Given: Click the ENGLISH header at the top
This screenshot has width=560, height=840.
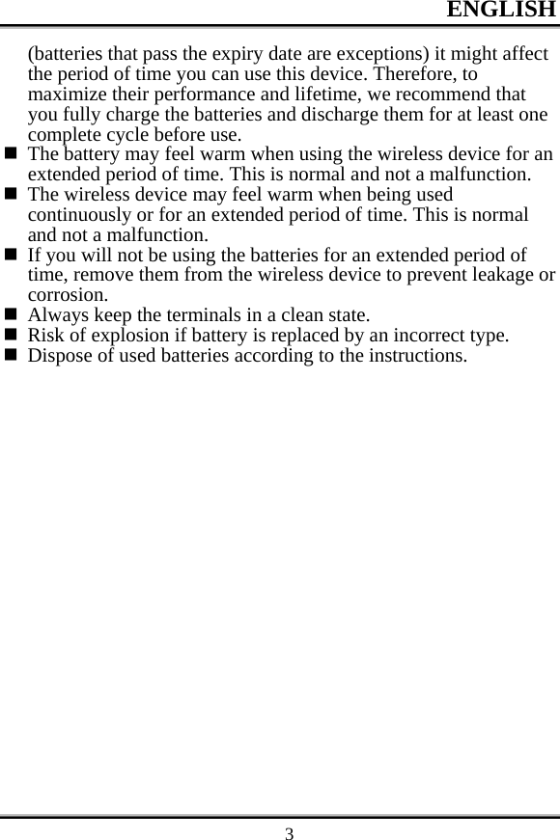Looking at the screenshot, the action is [x=501, y=11].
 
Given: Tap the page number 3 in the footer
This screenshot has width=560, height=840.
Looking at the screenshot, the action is [x=289, y=832].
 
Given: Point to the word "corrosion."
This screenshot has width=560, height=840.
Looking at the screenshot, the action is [x=68, y=295].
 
